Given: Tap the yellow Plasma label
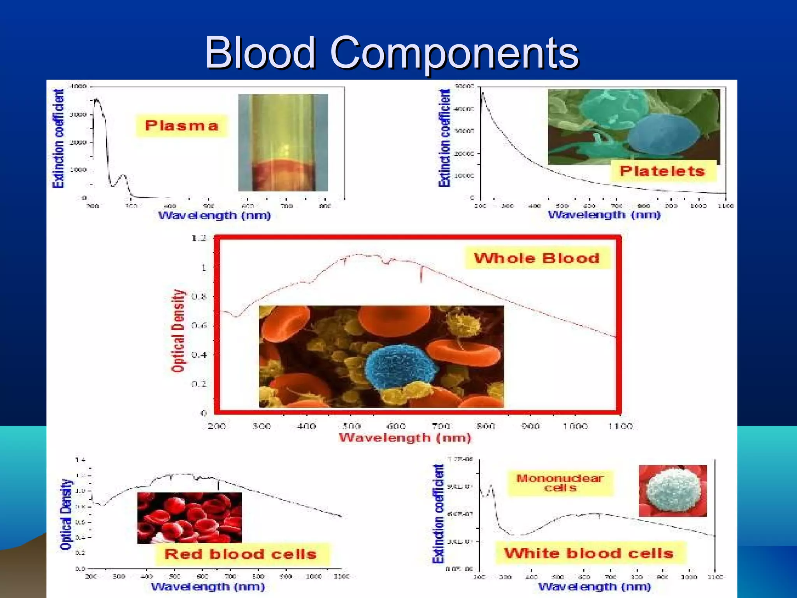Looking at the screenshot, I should pos(181,126).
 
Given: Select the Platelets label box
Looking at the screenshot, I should pos(662,171).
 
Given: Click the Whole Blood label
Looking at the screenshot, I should pos(537,259).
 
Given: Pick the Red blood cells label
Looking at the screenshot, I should pos(241,554).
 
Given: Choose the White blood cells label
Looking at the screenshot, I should pos(589,553).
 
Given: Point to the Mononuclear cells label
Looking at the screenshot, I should pos(560,483).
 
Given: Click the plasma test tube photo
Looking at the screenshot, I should pos(283,142).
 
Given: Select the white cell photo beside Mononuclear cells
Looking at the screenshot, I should pos(673,491).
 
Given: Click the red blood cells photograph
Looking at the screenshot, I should pos(190,518).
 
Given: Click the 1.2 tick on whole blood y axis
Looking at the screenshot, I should pos(199,238).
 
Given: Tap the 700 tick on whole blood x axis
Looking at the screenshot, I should pos(441,426).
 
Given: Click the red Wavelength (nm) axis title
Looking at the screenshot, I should pos(405,438).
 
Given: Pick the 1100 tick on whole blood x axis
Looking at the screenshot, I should pos(620,426).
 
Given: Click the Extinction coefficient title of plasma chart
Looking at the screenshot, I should pos(58,139).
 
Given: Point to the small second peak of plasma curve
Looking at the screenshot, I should pos(124,176).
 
